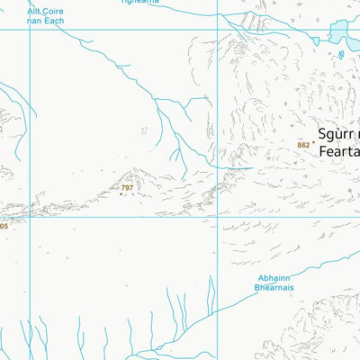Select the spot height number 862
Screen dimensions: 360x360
pyautogui.click(x=302, y=145)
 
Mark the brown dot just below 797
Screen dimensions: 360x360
pyautogui.click(x=121, y=193)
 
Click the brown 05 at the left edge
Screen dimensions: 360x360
pyautogui.click(x=4, y=227)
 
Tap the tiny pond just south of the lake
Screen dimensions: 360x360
pyautogui.click(x=341, y=54)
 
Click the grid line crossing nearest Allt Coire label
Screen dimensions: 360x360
pyautogui.click(x=30, y=29)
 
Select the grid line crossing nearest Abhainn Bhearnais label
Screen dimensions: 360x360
pyautogui.click(x=217, y=217)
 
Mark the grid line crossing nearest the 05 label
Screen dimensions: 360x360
pyautogui.click(x=30, y=217)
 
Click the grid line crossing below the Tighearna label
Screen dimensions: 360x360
pyautogui.click(x=217, y=29)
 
